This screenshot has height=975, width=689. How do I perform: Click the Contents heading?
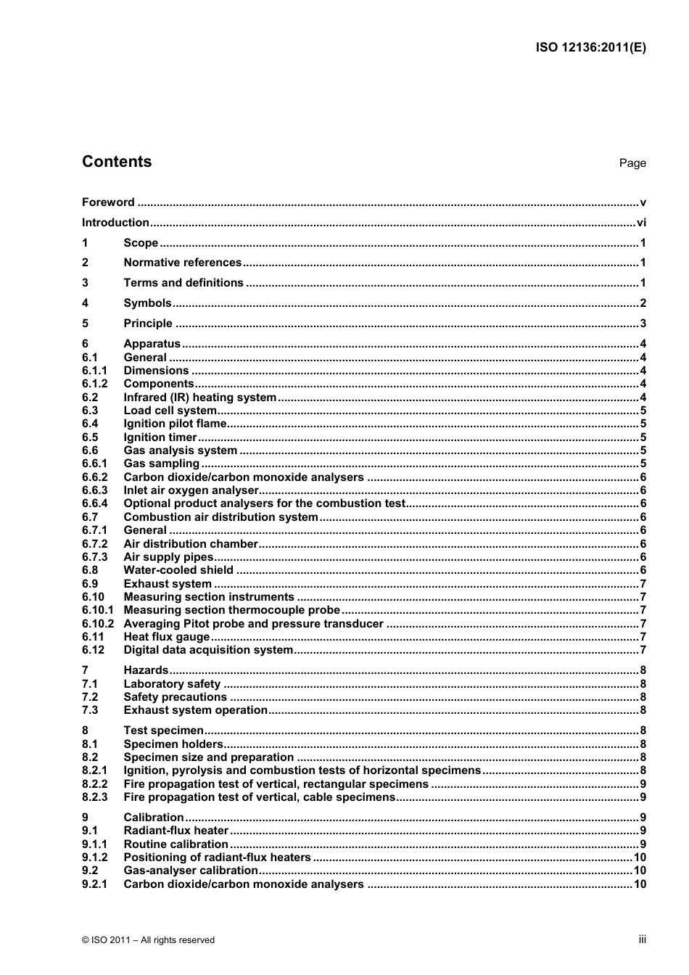[117, 162]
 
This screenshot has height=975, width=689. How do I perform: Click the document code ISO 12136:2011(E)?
[590, 48]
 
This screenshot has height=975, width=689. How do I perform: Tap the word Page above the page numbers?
[632, 163]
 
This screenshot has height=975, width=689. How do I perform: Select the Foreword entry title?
[108, 202]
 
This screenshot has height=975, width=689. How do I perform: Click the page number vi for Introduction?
[640, 223]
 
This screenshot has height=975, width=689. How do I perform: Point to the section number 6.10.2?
[98, 624]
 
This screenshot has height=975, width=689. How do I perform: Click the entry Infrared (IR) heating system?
[199, 398]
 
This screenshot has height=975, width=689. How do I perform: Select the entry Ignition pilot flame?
[175, 424]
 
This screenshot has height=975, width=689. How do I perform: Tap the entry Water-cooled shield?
[178, 570]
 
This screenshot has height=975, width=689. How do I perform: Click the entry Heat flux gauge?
[166, 637]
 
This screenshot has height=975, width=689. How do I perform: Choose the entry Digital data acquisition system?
[208, 650]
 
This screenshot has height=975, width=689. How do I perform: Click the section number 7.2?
[90, 697]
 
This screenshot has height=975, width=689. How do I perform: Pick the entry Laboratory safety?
[172, 684]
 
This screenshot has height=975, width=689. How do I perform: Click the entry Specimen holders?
[173, 744]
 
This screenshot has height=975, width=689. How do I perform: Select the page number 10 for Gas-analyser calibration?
[640, 871]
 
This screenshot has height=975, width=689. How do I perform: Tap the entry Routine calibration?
[176, 844]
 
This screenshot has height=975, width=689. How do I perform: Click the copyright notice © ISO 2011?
[148, 940]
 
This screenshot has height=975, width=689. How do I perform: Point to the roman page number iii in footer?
[642, 939]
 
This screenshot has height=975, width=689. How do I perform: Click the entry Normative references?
[182, 263]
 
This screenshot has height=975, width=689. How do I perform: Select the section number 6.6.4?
[94, 503]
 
